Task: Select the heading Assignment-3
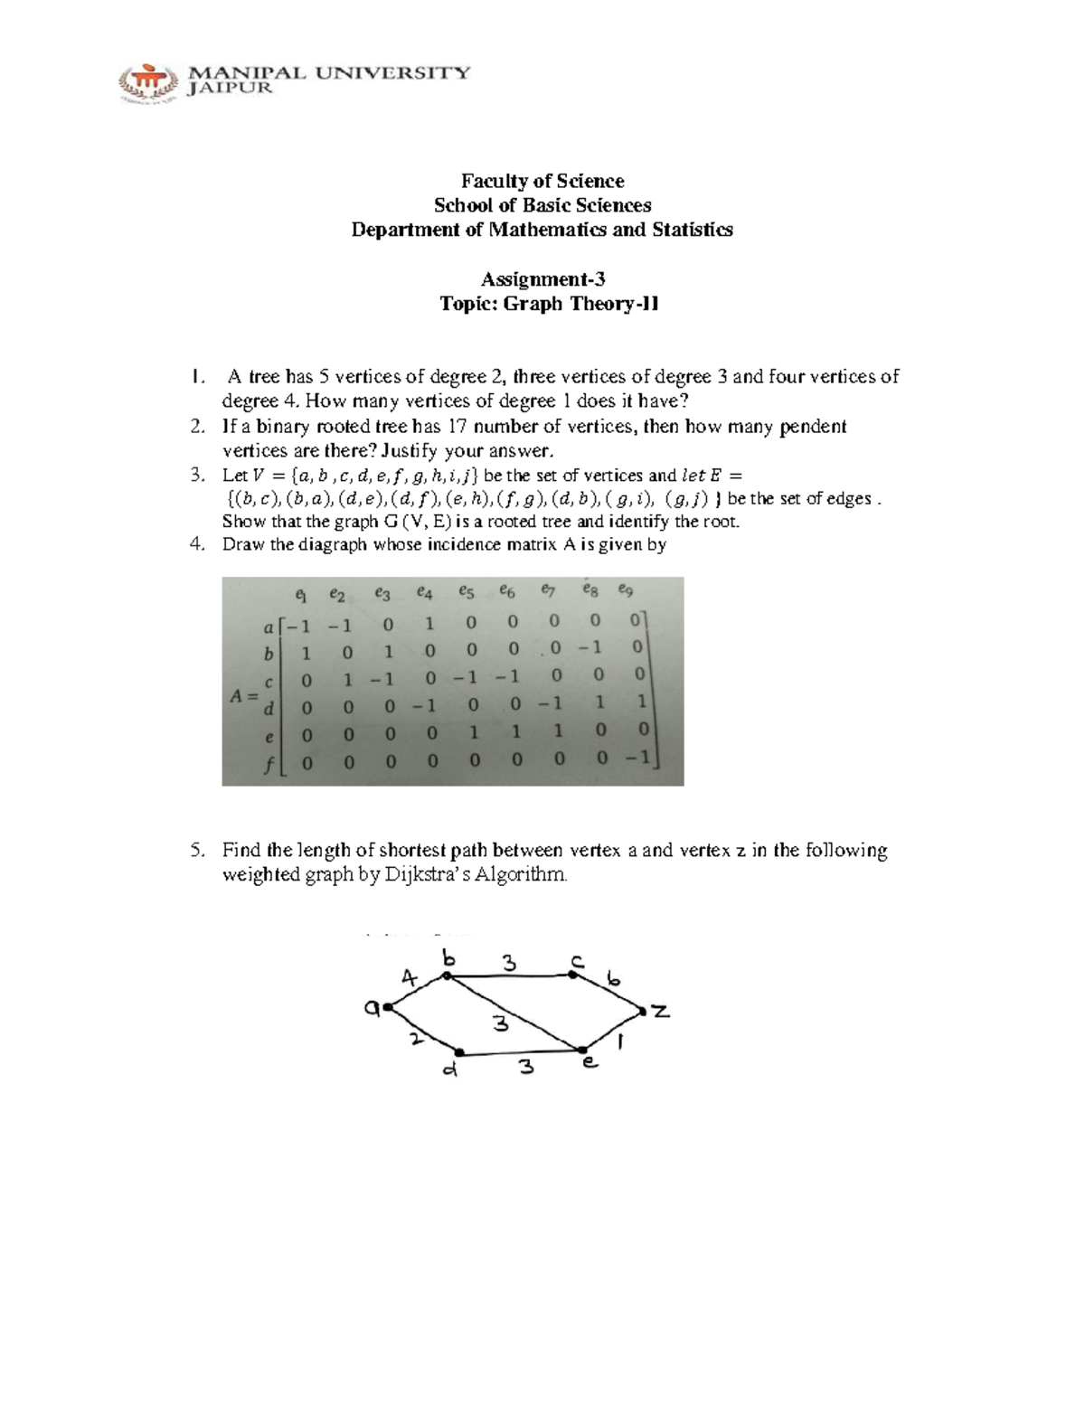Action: (542, 279)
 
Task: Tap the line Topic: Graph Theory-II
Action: (549, 304)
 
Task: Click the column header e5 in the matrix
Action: (466, 592)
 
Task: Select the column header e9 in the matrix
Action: (626, 590)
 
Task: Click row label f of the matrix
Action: (269, 765)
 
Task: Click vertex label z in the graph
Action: (661, 1012)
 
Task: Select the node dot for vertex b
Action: (446, 975)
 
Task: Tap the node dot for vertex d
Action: (459, 1052)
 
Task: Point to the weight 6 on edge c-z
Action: (614, 979)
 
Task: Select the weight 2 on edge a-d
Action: (415, 1039)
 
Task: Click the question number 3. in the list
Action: (198, 476)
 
